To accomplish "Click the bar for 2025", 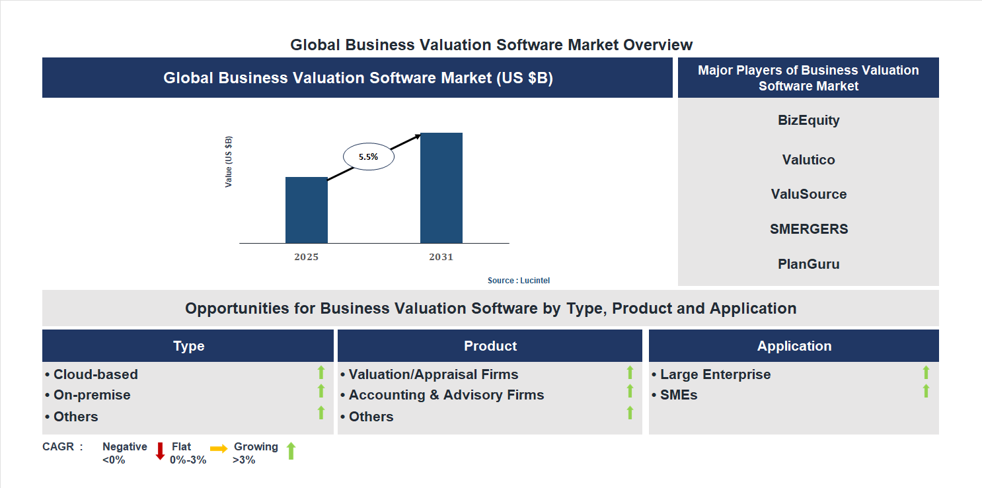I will (306, 210).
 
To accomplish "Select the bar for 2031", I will (441, 188).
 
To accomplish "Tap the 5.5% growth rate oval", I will (368, 157).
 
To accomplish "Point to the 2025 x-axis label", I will (306, 257).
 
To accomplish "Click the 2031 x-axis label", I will (441, 257).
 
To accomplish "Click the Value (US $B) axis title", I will (229, 162).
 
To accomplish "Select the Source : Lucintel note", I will (518, 281).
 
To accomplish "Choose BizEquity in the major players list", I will (808, 120).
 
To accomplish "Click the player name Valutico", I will (808, 160).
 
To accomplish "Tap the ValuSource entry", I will (808, 194).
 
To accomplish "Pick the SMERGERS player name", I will (808, 229).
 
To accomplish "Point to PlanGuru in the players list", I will (808, 264).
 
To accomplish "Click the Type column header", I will (188, 346).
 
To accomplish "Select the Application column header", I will (794, 346).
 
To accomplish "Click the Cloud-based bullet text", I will (96, 374).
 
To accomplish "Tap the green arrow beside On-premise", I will (321, 392).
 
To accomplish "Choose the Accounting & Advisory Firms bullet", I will (446, 395).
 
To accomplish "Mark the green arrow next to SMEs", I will (926, 392).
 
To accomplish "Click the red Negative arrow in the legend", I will (160, 452).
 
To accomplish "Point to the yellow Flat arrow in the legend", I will (219, 448).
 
